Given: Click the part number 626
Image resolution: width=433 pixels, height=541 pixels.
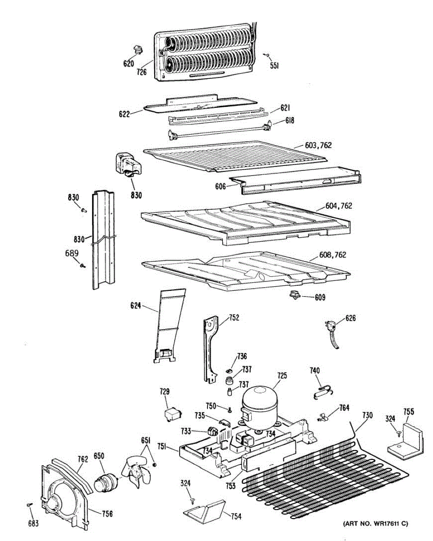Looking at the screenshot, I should [350, 319].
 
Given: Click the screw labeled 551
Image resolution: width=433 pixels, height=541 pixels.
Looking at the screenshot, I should [267, 55].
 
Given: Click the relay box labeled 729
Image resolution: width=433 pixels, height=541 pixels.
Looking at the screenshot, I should [173, 414].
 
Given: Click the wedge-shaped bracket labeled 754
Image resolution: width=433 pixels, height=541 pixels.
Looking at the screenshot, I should [206, 509].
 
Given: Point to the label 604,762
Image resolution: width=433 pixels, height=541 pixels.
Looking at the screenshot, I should [338, 206].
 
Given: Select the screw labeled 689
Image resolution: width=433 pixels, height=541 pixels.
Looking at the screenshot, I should [82, 266].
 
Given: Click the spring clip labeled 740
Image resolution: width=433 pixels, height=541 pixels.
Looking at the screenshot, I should [322, 391].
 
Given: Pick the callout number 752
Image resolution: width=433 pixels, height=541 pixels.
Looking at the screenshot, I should [234, 318].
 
